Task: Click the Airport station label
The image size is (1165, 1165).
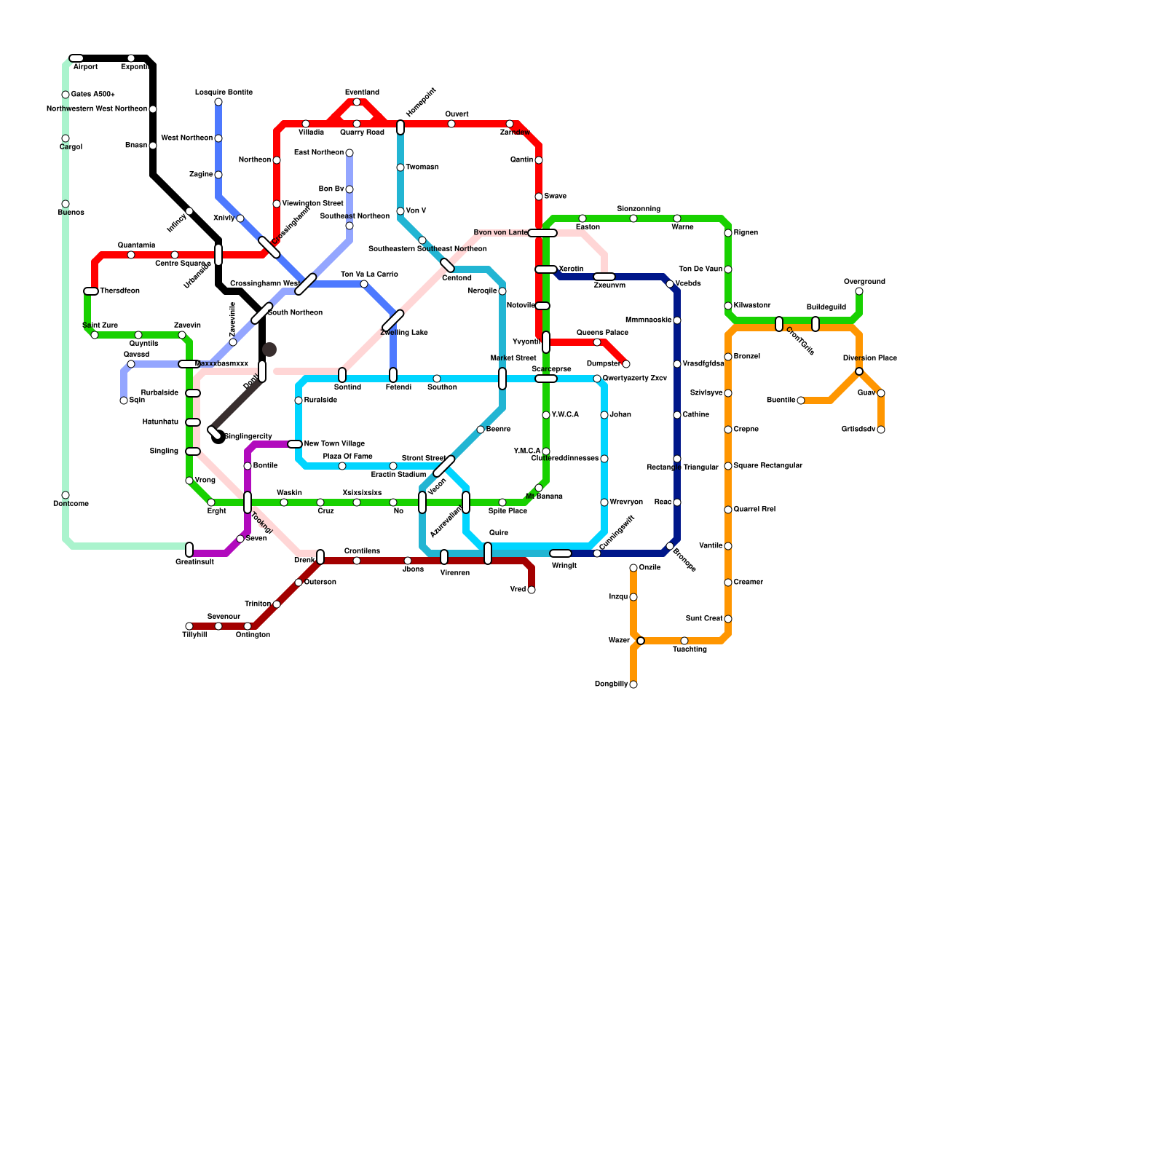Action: click(x=85, y=67)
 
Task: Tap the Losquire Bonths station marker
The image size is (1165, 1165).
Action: click(x=218, y=102)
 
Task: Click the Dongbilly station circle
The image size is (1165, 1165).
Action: click(x=633, y=684)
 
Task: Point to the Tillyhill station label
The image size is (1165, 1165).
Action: click(x=194, y=635)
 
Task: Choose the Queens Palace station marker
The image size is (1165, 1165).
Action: click(x=597, y=342)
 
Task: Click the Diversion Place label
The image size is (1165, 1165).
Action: click(x=869, y=358)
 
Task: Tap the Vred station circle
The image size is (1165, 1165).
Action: click(x=532, y=590)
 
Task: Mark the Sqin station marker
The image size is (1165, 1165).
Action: click(x=124, y=400)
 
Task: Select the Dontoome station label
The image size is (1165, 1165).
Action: click(x=71, y=504)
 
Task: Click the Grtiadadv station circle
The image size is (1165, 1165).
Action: click(x=881, y=430)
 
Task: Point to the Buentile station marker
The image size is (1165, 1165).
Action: click(x=801, y=400)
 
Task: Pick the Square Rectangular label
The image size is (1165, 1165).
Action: click(x=767, y=466)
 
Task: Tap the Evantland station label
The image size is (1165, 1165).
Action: click(x=362, y=92)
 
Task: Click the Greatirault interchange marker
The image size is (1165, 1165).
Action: click(x=189, y=550)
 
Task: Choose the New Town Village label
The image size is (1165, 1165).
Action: click(x=333, y=444)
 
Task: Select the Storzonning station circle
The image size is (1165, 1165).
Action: click(x=633, y=218)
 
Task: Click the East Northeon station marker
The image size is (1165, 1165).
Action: click(x=349, y=153)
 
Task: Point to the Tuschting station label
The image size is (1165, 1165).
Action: click(x=690, y=649)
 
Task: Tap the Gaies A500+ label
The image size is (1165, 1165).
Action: click(x=92, y=95)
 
